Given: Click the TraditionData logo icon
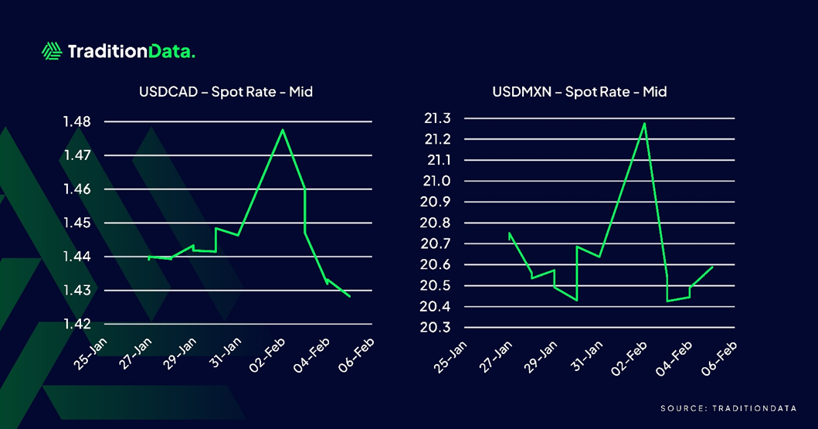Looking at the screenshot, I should click(52, 52).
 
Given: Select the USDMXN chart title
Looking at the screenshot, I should click(579, 92).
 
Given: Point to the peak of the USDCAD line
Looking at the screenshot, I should click(283, 130).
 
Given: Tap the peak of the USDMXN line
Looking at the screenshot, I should click(644, 123).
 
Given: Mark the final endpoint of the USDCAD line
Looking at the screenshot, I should click(350, 296).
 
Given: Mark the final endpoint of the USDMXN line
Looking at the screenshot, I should click(712, 267).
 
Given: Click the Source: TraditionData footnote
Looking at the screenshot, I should click(728, 407).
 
